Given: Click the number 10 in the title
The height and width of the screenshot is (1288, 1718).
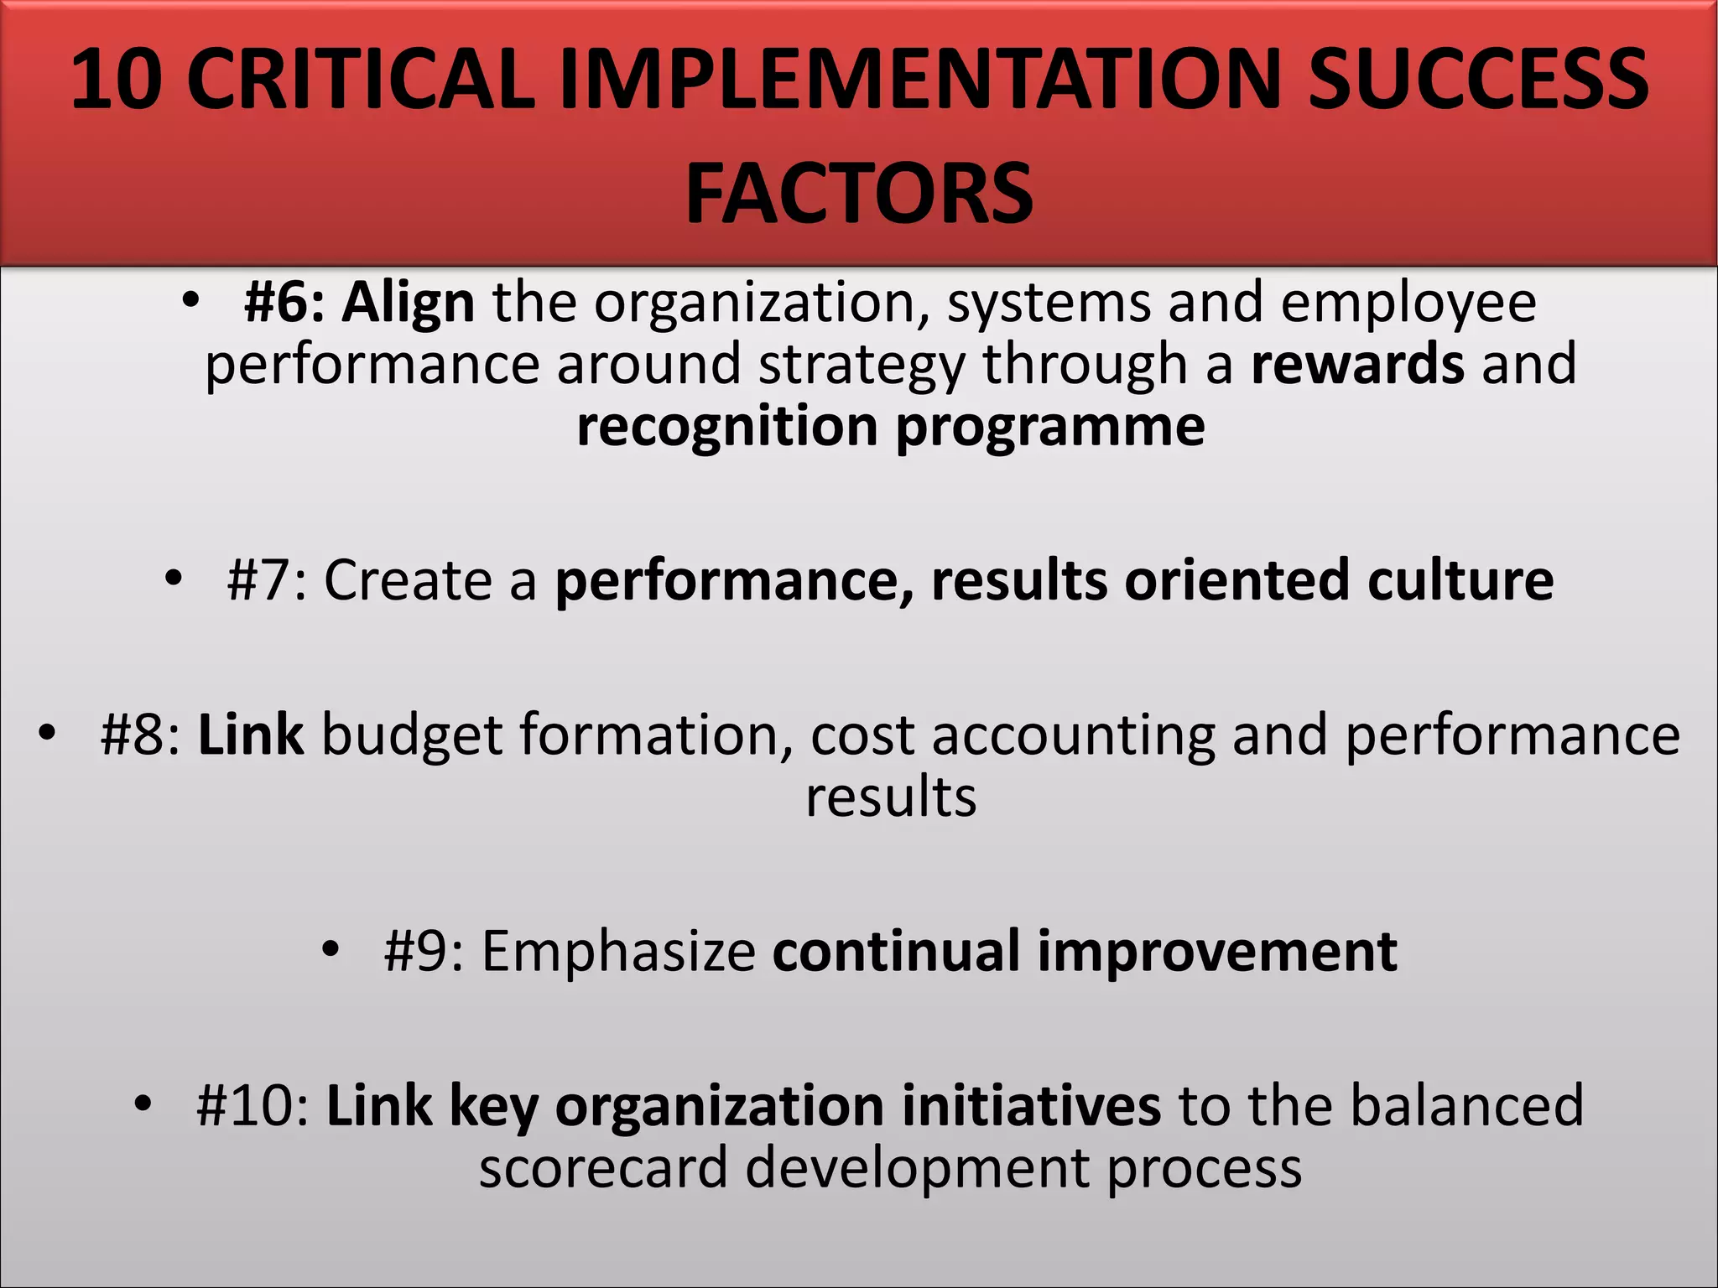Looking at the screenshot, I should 116,80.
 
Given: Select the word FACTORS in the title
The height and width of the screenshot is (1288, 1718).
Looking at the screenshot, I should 859,195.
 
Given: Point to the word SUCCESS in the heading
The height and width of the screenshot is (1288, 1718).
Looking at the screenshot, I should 1478,80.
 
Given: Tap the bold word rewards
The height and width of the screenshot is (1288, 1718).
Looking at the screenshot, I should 1357,364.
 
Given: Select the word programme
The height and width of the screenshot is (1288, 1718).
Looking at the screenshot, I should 1049,427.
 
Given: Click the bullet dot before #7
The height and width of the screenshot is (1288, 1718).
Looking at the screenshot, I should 173,577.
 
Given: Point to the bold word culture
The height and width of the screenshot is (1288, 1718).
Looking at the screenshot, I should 1460,580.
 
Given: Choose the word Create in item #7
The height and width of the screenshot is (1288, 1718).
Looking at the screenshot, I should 407,580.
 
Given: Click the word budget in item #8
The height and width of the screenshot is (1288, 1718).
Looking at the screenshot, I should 411,735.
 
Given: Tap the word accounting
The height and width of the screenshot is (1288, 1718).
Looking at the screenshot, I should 1073,735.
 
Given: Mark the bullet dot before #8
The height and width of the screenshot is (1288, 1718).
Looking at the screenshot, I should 47,732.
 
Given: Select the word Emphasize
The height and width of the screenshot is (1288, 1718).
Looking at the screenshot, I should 619,952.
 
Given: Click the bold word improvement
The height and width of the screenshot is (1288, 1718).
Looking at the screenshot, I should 1217,952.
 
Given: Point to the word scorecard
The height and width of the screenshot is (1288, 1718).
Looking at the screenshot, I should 603,1168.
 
